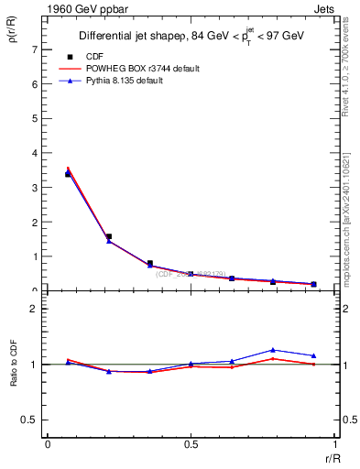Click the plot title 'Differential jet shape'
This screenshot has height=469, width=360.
click(x=124, y=37)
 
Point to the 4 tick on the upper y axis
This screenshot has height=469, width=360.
click(x=36, y=153)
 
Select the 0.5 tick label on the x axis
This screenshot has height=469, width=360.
click(x=190, y=443)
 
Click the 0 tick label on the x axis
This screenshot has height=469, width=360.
click(x=47, y=443)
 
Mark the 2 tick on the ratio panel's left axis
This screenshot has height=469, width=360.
click(x=36, y=309)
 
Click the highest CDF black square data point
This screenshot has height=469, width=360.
click(x=69, y=173)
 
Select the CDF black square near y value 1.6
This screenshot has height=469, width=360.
click(x=109, y=236)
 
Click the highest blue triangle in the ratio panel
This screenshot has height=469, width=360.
click(x=273, y=350)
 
